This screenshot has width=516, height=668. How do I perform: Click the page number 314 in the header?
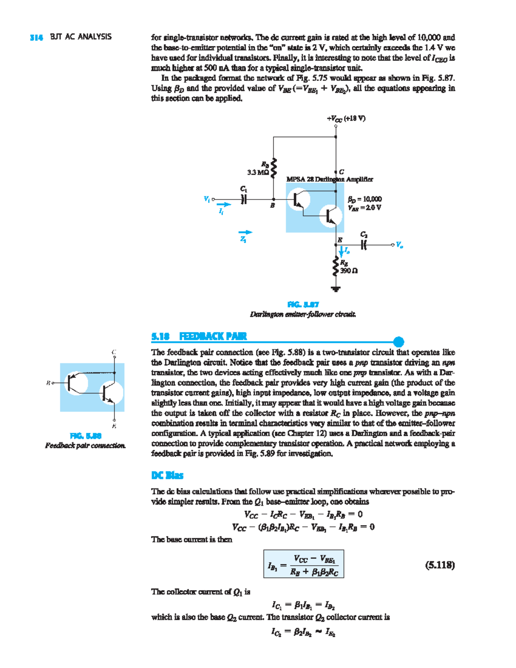[x=36, y=37]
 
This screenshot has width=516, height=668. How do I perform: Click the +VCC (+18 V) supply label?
[x=346, y=118]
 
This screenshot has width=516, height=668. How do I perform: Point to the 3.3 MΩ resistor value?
[x=258, y=172]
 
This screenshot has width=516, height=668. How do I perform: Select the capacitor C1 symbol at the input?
[x=244, y=199]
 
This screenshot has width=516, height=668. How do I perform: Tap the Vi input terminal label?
[x=206, y=199]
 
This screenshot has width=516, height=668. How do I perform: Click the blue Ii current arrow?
[x=224, y=205]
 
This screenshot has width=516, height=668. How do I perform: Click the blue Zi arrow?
[x=246, y=233]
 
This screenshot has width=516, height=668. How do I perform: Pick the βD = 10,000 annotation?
[x=365, y=199]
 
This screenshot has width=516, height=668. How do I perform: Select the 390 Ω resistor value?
[x=349, y=271]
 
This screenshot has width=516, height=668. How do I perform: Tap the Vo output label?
[x=399, y=245]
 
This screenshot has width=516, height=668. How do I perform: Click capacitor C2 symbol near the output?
[x=364, y=245]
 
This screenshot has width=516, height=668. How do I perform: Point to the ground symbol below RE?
[x=335, y=289]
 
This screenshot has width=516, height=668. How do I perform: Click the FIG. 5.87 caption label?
[x=303, y=305]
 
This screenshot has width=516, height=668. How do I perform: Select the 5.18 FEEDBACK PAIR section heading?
[x=199, y=336]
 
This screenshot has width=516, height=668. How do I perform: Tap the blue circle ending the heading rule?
[x=399, y=342]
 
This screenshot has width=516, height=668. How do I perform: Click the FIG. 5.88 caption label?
[x=86, y=436]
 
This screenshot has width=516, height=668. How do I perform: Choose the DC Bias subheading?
[x=167, y=475]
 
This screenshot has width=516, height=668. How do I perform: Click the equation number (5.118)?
[x=439, y=565]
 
